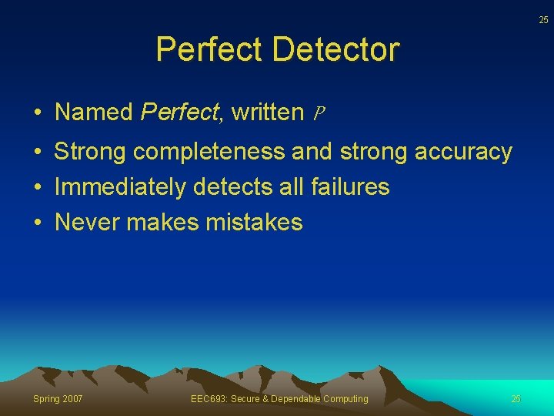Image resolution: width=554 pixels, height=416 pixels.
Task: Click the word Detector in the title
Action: (x=335, y=49)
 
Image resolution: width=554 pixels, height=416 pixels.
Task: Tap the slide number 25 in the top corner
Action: (x=543, y=20)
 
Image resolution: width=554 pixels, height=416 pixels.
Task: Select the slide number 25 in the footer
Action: (x=516, y=398)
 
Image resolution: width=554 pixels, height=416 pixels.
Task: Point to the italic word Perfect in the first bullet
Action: (x=179, y=112)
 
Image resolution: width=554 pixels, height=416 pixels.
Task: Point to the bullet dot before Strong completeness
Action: (x=37, y=153)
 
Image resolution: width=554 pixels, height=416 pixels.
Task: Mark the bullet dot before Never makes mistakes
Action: (x=37, y=223)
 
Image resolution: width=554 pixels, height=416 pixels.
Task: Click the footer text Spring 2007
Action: (x=58, y=398)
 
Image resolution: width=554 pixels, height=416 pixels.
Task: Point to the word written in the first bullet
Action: (x=268, y=112)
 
